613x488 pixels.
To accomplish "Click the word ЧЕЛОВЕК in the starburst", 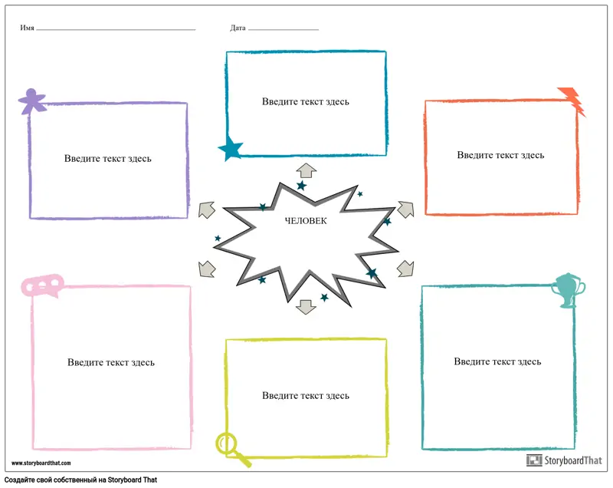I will click(305, 221).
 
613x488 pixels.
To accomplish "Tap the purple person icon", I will click(31, 101).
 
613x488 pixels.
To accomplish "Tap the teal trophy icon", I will click(569, 289).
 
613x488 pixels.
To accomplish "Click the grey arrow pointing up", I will click(306, 170).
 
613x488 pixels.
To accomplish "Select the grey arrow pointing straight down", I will click(306, 306).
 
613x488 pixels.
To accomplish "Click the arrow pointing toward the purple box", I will click(206, 209).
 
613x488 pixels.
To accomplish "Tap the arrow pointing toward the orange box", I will click(405, 209).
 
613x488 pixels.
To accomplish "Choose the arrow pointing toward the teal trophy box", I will click(405, 268).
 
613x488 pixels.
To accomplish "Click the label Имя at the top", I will click(28, 28).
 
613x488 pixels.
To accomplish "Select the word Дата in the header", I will click(238, 28).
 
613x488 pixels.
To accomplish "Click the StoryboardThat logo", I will click(565, 460).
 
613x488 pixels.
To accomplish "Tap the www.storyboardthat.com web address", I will click(41, 463).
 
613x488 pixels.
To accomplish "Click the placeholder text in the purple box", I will click(108, 159).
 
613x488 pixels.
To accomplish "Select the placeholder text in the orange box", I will click(500, 155).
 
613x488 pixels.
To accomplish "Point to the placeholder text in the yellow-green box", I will click(306, 396).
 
